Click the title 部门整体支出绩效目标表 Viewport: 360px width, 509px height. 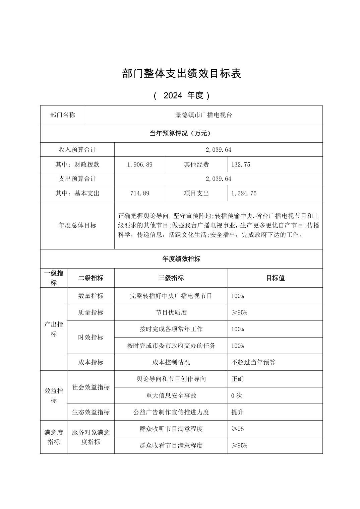[x=181, y=74]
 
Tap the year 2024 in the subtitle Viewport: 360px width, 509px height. [x=173, y=95]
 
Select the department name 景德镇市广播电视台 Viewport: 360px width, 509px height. [x=204, y=115]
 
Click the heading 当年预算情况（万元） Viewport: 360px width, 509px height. [x=181, y=133]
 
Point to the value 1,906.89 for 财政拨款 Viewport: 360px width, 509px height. [x=140, y=164]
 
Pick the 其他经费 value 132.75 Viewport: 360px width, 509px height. [x=241, y=164]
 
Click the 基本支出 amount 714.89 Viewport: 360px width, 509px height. [x=140, y=193]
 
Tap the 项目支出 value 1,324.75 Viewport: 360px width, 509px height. [x=244, y=193]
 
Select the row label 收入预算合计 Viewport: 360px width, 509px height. [x=77, y=150]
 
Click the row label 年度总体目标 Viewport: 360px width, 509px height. [x=77, y=225]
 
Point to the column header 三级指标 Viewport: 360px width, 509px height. [x=171, y=278]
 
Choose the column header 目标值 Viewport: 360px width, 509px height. [x=275, y=278]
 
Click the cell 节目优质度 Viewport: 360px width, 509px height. [x=171, y=312]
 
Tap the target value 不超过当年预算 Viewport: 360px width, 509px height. [x=253, y=362]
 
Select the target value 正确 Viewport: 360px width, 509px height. [x=237, y=379]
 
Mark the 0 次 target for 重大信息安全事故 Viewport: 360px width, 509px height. [x=237, y=395]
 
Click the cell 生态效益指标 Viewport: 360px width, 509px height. [x=91, y=412]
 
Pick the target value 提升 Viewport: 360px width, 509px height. [x=237, y=412]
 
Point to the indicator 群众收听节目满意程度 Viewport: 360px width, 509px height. [x=171, y=429]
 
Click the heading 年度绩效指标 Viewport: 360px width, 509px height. [x=181, y=259]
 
